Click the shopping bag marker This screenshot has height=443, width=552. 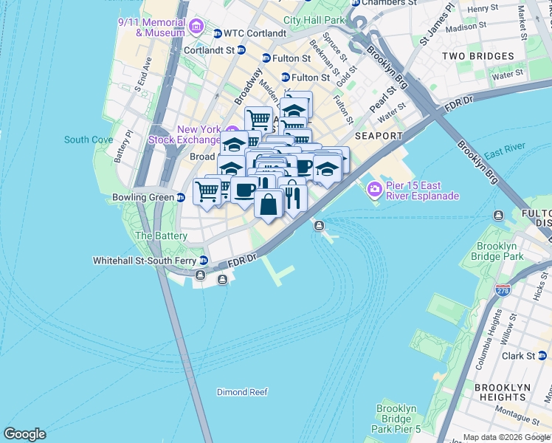[x=269, y=203]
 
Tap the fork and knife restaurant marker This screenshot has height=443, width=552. [x=293, y=196]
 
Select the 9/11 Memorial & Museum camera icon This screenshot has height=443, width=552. [x=196, y=27]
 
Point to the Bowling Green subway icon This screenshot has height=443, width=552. [x=180, y=197]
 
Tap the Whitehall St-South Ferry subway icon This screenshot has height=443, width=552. [x=203, y=261]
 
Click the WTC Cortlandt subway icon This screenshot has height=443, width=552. [x=217, y=34]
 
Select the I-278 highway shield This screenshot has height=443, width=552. [x=503, y=289]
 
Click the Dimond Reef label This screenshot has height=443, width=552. [x=242, y=392]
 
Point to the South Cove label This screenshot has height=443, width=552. [x=89, y=140]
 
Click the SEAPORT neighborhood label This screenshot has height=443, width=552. [x=379, y=136]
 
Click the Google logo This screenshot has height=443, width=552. [x=24, y=434]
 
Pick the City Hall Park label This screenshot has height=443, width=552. [x=314, y=19]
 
